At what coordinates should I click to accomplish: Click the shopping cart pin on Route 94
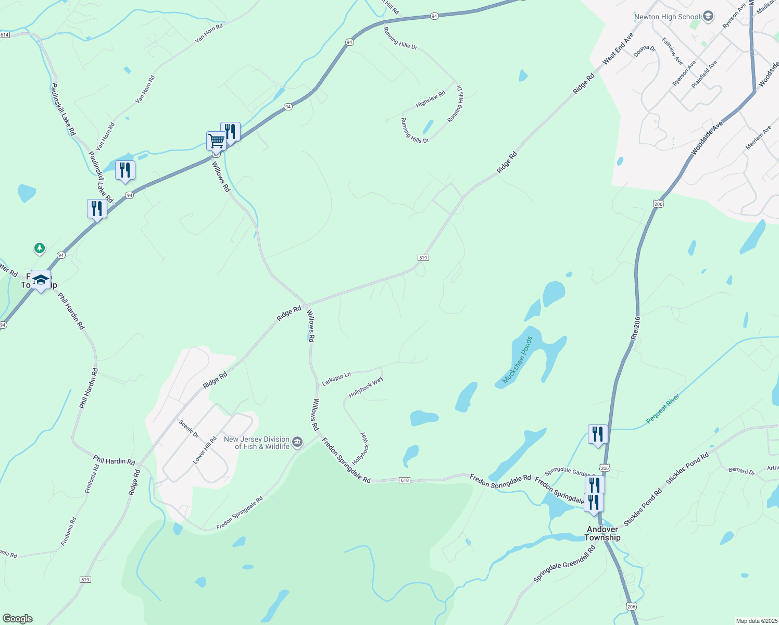click(x=216, y=141)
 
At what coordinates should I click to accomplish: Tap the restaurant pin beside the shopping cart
click(x=230, y=131)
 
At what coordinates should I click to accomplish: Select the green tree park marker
click(x=40, y=248)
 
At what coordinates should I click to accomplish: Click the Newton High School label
click(x=667, y=17)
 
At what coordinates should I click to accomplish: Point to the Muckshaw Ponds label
click(x=518, y=360)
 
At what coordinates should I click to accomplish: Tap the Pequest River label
click(x=663, y=409)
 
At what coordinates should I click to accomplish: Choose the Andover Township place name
click(x=602, y=533)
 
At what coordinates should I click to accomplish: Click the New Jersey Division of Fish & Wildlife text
click(x=256, y=443)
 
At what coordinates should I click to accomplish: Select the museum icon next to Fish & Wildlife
click(x=297, y=443)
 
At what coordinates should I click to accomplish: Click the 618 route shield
click(x=405, y=480)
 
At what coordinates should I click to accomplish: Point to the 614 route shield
click(x=5, y=35)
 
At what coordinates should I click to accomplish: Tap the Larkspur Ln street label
click(x=336, y=379)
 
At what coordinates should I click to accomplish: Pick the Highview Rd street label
click(x=431, y=99)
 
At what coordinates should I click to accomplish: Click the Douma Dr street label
click(x=645, y=51)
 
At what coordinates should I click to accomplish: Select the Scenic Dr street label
click(x=189, y=429)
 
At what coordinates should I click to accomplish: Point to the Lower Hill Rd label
click(x=205, y=451)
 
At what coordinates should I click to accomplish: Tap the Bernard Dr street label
click(x=742, y=471)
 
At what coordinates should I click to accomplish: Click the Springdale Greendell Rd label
click(x=564, y=564)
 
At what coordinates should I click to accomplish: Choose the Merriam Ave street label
click(x=758, y=138)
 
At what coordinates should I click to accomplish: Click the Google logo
click(x=17, y=619)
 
